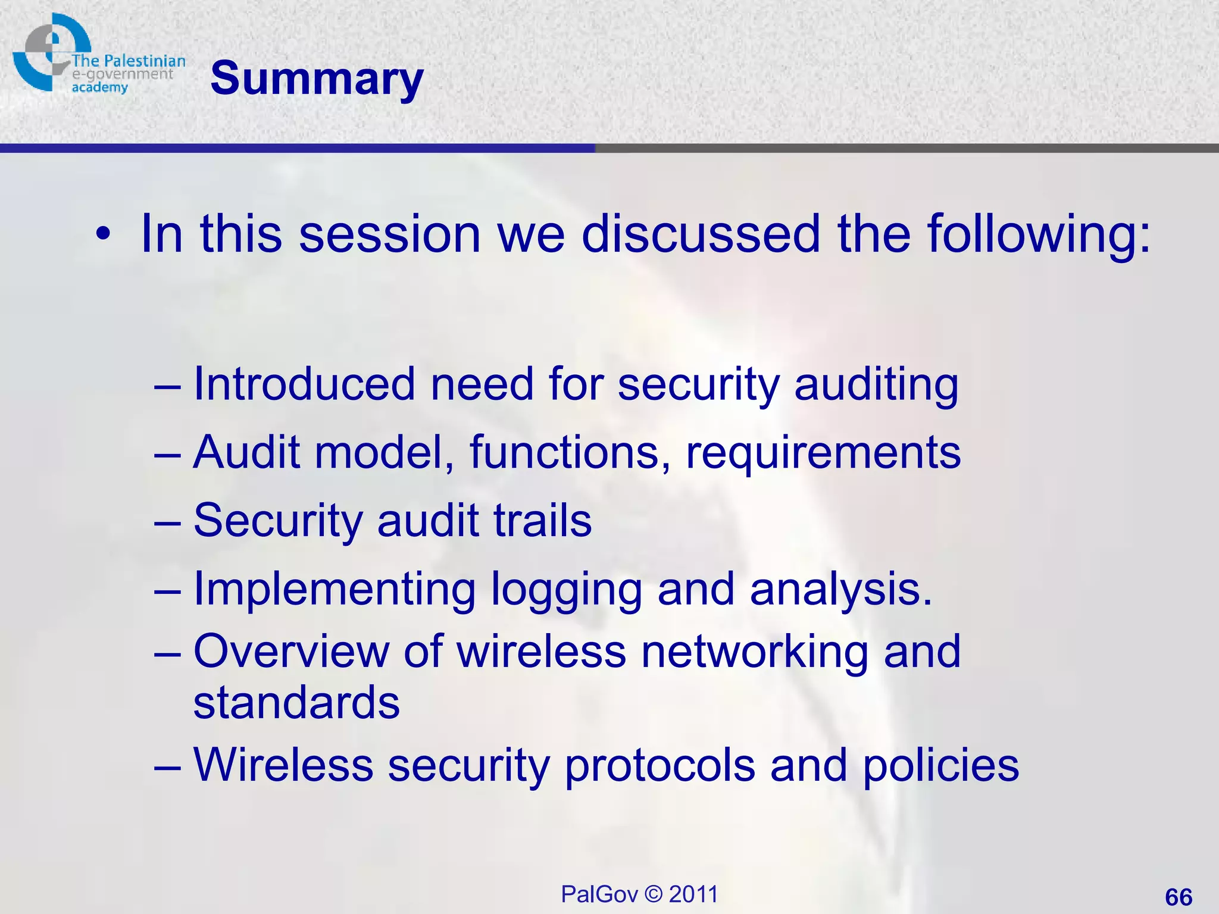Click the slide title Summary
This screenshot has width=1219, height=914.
coord(317,79)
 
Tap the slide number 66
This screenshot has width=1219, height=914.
coord(1179,897)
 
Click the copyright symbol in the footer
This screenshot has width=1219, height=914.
coord(653,894)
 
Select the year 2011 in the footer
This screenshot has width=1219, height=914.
coord(693,894)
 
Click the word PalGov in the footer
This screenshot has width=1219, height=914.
coord(599,894)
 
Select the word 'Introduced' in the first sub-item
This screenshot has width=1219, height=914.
coord(304,384)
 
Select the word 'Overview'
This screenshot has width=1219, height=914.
coord(291,651)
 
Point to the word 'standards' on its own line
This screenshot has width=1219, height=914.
coord(296,703)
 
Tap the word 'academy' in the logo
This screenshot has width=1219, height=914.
coord(99,88)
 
